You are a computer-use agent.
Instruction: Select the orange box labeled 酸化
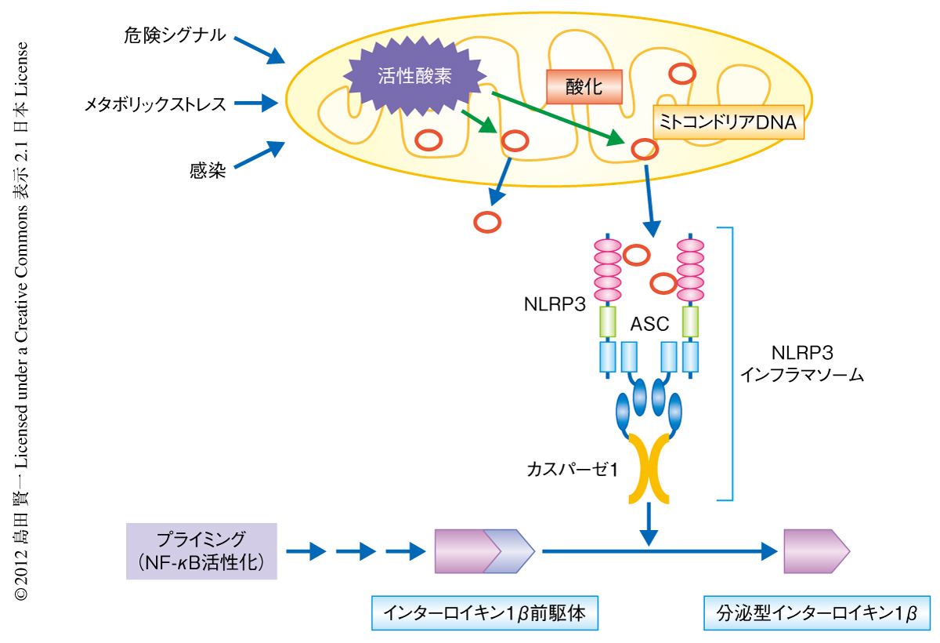pos(584,86)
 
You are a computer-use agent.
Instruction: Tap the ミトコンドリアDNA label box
pos(728,122)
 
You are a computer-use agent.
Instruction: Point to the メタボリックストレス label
pos(156,103)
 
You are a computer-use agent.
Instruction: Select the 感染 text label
pos(208,169)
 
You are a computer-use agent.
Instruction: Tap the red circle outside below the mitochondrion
pos(487,222)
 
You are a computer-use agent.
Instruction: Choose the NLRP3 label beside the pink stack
pos(555,303)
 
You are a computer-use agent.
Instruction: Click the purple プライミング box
pos(201,550)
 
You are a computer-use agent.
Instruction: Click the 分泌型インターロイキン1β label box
pos(811,612)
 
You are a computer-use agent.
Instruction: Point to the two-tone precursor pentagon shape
pos(484,551)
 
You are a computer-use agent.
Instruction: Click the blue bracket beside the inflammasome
pos(730,364)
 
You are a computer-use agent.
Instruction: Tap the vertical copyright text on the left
pos(22,321)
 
